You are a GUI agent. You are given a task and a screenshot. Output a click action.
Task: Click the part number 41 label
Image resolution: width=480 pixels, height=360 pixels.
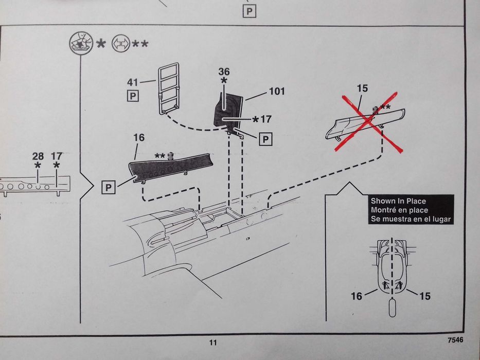(133, 82)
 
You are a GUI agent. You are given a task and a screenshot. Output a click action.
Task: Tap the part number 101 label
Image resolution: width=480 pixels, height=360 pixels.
(277, 91)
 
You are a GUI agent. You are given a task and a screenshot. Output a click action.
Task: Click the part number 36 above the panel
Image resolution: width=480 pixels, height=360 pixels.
(224, 71)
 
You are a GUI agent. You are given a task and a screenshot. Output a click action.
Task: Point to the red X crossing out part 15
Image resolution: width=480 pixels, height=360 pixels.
(369, 121)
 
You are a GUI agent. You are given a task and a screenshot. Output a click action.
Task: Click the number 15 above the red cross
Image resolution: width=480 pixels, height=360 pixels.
(362, 88)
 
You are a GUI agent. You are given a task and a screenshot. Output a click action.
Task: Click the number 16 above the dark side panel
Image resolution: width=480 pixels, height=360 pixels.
(139, 138)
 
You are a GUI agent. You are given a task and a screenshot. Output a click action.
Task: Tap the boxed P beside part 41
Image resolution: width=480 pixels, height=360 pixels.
(133, 96)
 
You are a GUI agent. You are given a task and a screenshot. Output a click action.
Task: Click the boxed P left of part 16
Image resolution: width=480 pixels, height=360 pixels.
(109, 187)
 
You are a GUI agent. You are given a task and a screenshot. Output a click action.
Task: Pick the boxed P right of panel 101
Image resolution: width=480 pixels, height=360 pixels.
(265, 139)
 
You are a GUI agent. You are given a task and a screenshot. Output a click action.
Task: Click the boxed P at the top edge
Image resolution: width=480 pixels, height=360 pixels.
(249, 12)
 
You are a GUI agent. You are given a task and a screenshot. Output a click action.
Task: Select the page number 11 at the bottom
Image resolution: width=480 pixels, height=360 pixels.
(213, 343)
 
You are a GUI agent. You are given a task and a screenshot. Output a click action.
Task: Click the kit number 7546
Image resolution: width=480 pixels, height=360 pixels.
(455, 340)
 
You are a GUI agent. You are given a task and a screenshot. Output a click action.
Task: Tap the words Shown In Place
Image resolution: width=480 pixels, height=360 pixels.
(398, 201)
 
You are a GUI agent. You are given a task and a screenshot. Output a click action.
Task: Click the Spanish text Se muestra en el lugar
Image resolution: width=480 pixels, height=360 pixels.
(411, 219)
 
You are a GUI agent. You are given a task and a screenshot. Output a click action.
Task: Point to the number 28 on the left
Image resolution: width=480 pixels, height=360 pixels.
(38, 156)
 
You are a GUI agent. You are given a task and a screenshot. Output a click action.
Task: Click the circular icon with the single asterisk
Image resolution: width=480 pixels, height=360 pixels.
(81, 43)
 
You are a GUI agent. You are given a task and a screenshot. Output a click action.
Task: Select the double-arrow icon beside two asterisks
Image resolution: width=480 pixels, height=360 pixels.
(121, 44)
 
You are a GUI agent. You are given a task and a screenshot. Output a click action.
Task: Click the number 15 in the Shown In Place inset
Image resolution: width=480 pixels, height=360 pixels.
(425, 296)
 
